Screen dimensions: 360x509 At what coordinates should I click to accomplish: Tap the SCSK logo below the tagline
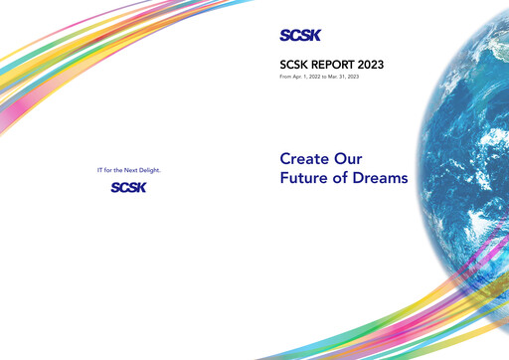click(129, 187)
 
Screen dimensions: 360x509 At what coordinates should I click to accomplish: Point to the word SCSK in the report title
click(294, 66)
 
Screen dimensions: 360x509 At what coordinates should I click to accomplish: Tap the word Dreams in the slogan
click(377, 178)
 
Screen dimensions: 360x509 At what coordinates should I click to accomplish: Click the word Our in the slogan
click(349, 158)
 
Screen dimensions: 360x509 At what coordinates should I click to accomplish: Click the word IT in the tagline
click(99, 171)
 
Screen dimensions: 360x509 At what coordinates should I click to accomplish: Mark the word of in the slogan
click(340, 178)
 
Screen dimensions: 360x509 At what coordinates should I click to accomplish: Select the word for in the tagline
click(108, 171)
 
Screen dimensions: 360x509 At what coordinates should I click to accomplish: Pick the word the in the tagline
click(117, 171)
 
